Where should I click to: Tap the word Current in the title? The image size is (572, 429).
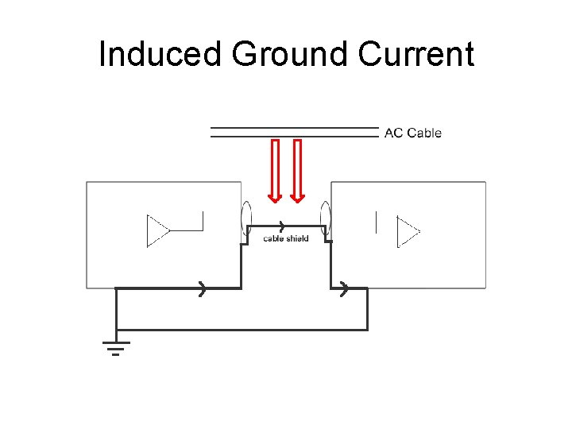[416, 54]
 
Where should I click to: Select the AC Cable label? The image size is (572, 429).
[412, 133]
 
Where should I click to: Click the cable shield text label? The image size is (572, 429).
[285, 238]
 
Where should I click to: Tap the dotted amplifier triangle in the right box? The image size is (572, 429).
[408, 233]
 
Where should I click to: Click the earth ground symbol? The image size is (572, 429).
[116, 346]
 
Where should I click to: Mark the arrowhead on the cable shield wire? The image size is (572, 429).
[281, 227]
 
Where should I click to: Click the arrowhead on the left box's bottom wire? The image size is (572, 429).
[203, 288]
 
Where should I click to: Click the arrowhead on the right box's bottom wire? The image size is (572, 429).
[343, 288]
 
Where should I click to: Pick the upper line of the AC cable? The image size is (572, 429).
[294, 127]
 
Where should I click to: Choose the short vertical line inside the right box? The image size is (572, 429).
[375, 222]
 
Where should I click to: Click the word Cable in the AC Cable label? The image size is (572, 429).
[424, 133]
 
